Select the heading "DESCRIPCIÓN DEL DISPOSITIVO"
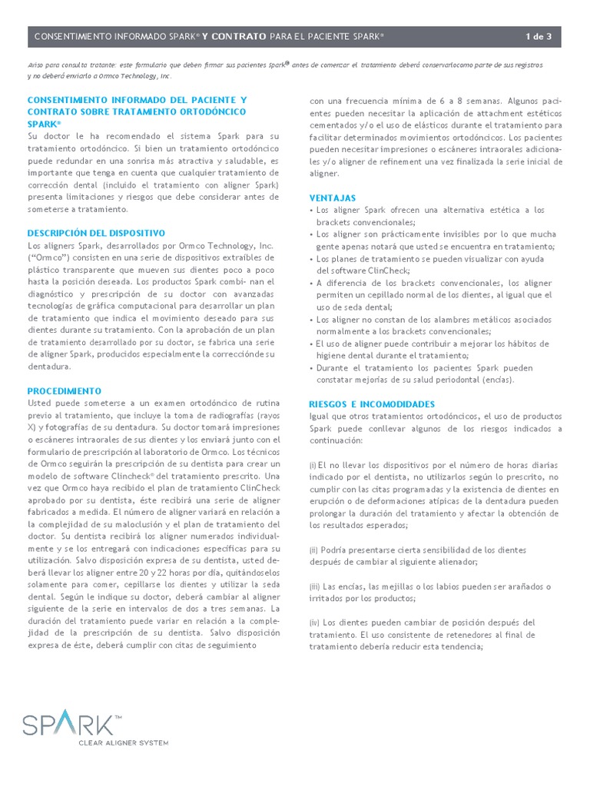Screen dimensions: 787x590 (x=96, y=233)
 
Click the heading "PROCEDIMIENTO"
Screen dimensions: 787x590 (x=65, y=391)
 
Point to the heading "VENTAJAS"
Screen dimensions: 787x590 (x=332, y=198)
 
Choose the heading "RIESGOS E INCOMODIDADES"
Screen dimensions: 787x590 (x=372, y=403)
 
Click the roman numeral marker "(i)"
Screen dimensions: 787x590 (x=313, y=466)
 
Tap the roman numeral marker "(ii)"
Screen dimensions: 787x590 (x=314, y=550)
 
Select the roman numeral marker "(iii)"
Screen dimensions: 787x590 (x=315, y=586)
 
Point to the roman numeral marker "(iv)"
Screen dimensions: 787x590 (x=315, y=623)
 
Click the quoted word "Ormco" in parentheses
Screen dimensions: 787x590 (x=46, y=257)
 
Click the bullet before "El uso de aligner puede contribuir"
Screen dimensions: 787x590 (x=311, y=344)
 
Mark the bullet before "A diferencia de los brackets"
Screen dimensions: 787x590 (x=311, y=283)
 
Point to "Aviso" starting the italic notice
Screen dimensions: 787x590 (x=36, y=66)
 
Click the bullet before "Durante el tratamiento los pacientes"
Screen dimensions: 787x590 (x=311, y=368)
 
